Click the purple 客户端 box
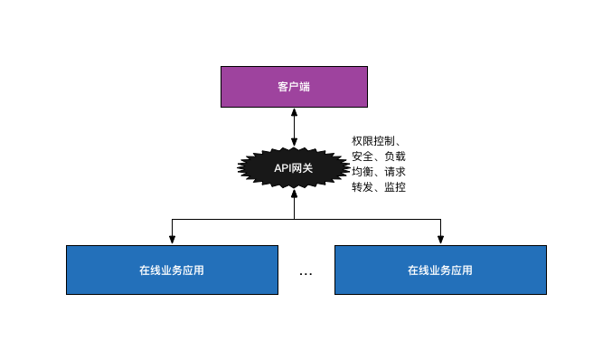click(x=294, y=87)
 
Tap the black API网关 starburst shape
click(x=294, y=168)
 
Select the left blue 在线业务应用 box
click(x=172, y=270)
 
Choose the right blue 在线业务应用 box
click(x=440, y=270)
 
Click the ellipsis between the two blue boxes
click(x=306, y=272)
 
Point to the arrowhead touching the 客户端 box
click(x=294, y=112)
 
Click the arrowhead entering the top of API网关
click(x=294, y=142)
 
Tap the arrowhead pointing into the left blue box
click(x=172, y=240)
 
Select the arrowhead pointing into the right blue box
click(x=440, y=240)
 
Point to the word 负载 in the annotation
click(x=395, y=156)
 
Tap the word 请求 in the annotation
click(x=395, y=172)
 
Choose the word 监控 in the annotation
click(x=395, y=187)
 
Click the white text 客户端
click(x=294, y=87)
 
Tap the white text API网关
click(x=294, y=168)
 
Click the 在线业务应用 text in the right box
click(x=440, y=270)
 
